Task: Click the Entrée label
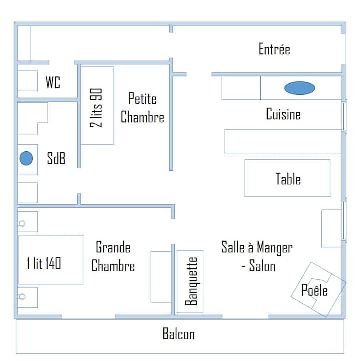coord(274,49)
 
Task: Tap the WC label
coord(53,82)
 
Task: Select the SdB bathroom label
coord(56,158)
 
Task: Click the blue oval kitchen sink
coord(299,88)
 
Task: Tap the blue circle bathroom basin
coord(26,158)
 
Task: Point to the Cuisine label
coord(283,114)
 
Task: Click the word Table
coord(288,179)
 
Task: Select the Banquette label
coord(191,281)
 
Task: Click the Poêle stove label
coord(314,290)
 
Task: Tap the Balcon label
coord(178,334)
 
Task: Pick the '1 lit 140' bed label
coord(44,263)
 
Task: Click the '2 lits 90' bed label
coord(96,108)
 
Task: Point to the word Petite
coord(142,98)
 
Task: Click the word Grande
coord(113,247)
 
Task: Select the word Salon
coord(262,266)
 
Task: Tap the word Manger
coord(275,248)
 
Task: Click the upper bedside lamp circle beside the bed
coord(22,223)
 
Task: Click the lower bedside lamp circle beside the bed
coord(22,296)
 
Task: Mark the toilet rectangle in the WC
coord(27,81)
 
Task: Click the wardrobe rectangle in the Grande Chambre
coord(161,277)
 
